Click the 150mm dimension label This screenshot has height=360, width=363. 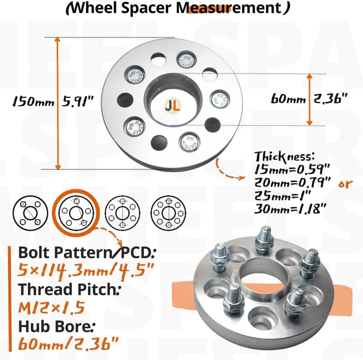point(33,102)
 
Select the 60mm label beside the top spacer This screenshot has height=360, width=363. point(288,99)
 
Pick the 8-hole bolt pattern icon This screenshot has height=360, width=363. point(168,212)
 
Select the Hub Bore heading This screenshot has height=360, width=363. point(52,326)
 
